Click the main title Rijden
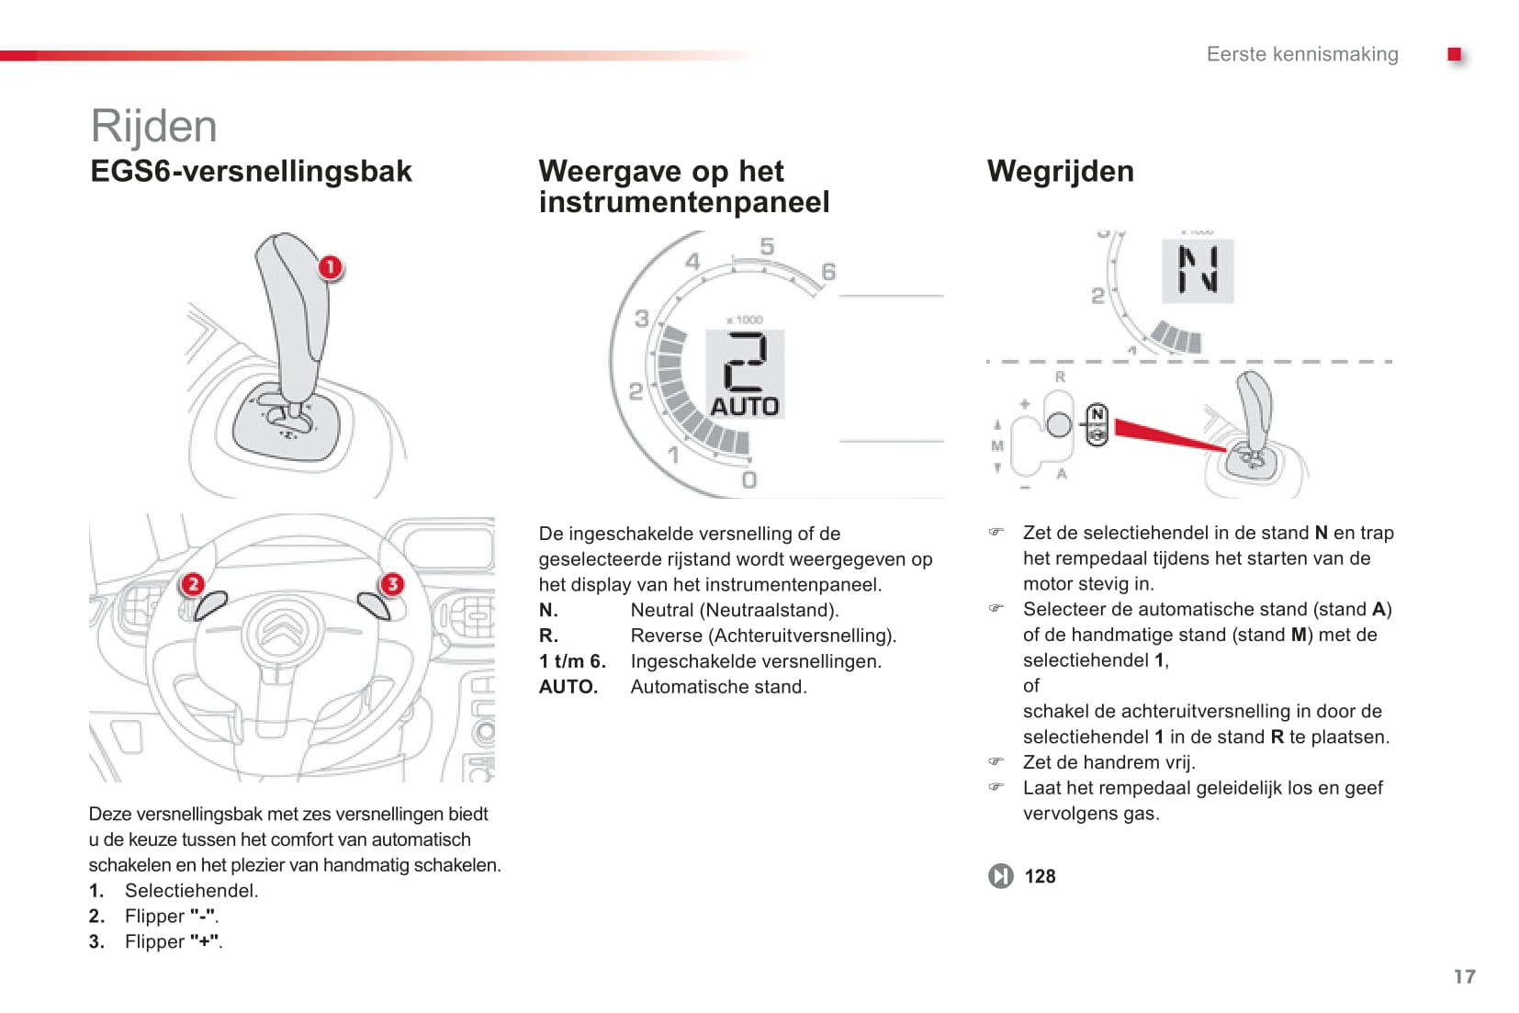point(153,126)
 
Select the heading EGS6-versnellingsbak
point(251,172)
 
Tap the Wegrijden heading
point(1060,172)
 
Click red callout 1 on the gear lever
point(330,267)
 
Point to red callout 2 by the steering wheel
point(192,584)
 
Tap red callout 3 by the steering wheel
point(392,584)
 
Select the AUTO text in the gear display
point(745,406)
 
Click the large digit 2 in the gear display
point(745,362)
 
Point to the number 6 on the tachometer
point(828,272)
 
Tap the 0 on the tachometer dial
point(749,479)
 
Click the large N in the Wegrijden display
point(1198,270)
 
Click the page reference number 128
point(1040,876)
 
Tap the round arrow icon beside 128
point(1000,876)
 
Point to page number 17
point(1464,976)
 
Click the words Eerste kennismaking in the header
point(1301,54)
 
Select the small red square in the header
point(1454,54)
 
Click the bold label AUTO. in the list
point(568,687)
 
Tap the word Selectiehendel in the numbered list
point(191,891)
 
